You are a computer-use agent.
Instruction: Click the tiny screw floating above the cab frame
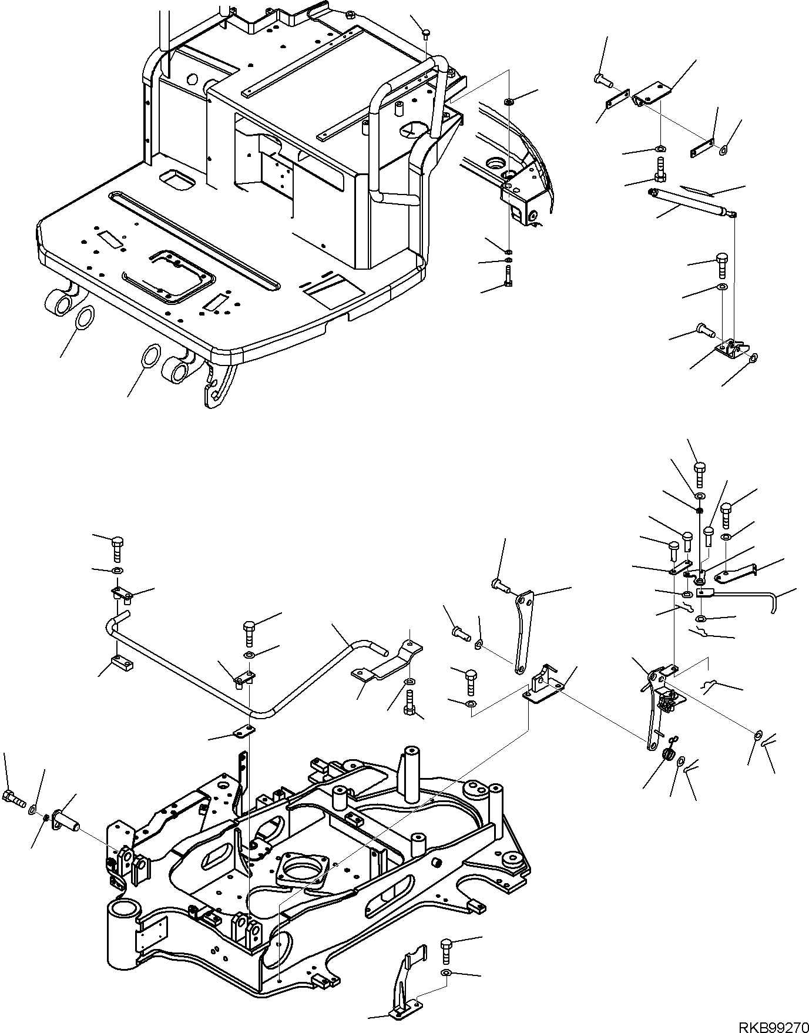[428, 33]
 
